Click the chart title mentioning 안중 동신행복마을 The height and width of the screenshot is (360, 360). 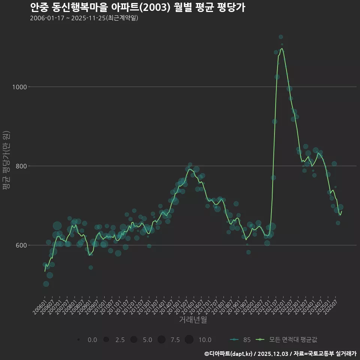(x=137, y=7)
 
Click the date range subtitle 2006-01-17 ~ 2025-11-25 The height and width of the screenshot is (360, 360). (x=84, y=18)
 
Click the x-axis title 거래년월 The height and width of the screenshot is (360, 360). (x=193, y=320)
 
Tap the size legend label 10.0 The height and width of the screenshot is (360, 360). (x=204, y=340)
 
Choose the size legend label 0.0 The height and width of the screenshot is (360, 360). (x=92, y=340)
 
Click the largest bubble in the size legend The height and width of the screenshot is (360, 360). (x=189, y=340)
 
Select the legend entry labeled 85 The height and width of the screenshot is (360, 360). (x=247, y=340)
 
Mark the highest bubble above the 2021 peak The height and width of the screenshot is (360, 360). (x=280, y=37)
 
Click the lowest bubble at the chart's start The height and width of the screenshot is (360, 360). (x=46, y=284)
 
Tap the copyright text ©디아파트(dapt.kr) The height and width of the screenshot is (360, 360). (x=229, y=354)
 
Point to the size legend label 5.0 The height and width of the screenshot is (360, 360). (x=147, y=340)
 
